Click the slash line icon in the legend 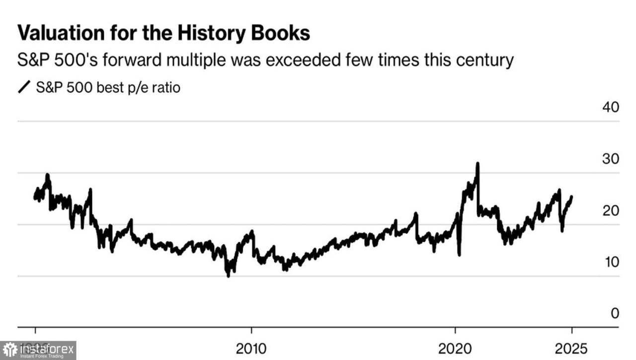(24, 88)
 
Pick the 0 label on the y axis (615, 313)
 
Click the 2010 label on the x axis (252, 349)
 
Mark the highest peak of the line (477, 163)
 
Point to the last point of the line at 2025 (572, 197)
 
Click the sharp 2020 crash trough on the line (459, 255)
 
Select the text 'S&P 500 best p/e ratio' (108, 88)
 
